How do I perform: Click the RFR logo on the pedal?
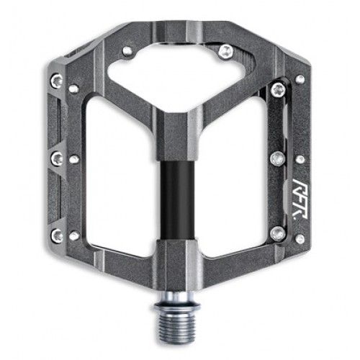(x=300, y=199)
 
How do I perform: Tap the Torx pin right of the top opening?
(x=226, y=51)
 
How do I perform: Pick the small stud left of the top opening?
(x=127, y=51)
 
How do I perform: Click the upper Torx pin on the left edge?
(x=57, y=80)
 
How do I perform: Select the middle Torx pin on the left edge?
(x=57, y=158)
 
